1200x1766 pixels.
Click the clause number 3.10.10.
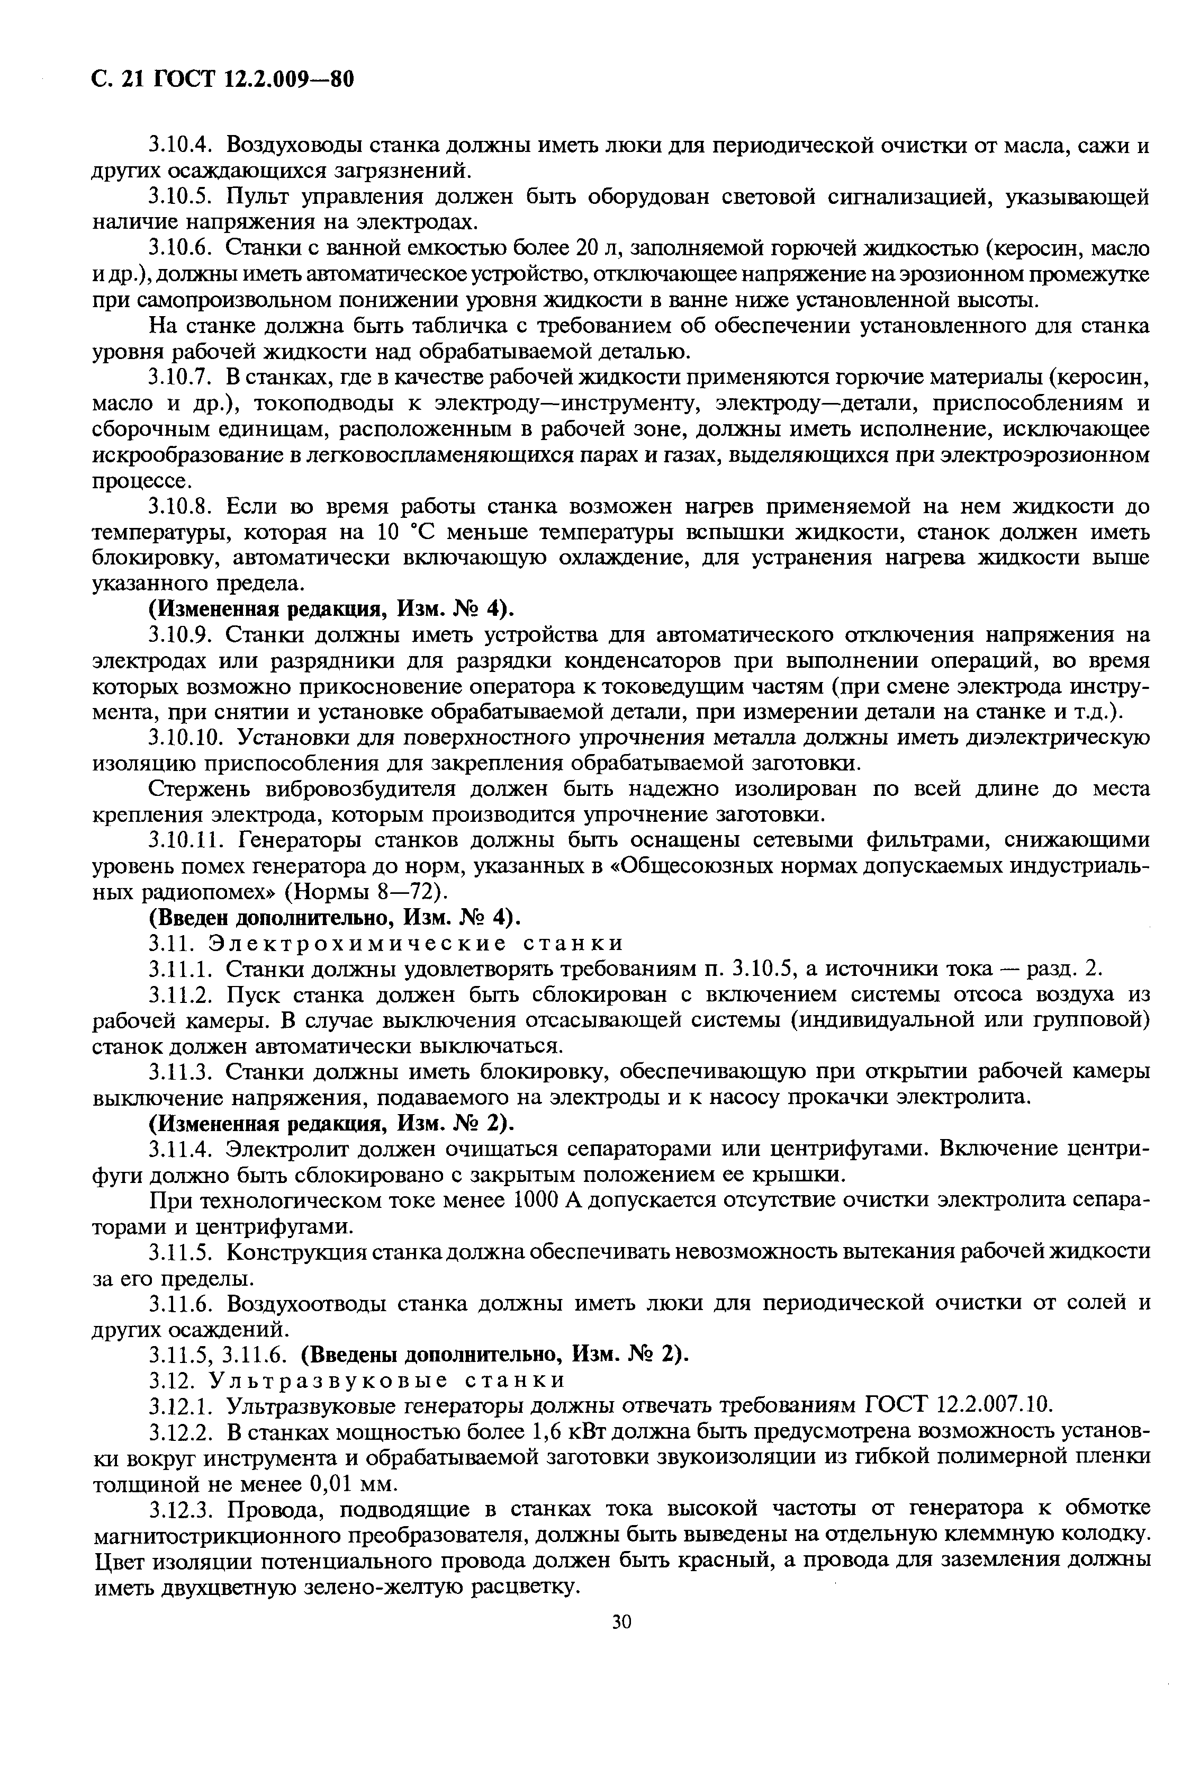(x=185, y=737)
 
